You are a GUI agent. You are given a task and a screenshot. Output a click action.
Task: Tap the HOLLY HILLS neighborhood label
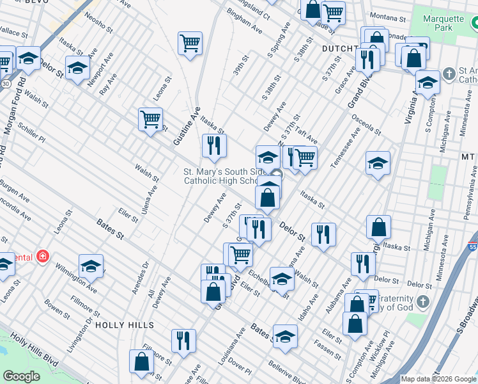pos(125,325)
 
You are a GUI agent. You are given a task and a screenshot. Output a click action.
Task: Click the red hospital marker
pos(43,257)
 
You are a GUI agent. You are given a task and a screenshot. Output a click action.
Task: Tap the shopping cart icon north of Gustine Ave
pos(190,44)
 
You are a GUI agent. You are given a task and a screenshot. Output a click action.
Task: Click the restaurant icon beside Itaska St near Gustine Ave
pos(214,146)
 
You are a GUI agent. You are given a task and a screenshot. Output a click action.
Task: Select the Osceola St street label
pos(366,125)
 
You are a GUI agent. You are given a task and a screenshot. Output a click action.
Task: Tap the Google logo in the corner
pos(21,376)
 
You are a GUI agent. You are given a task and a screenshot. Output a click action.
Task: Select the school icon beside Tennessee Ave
pos(378,163)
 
